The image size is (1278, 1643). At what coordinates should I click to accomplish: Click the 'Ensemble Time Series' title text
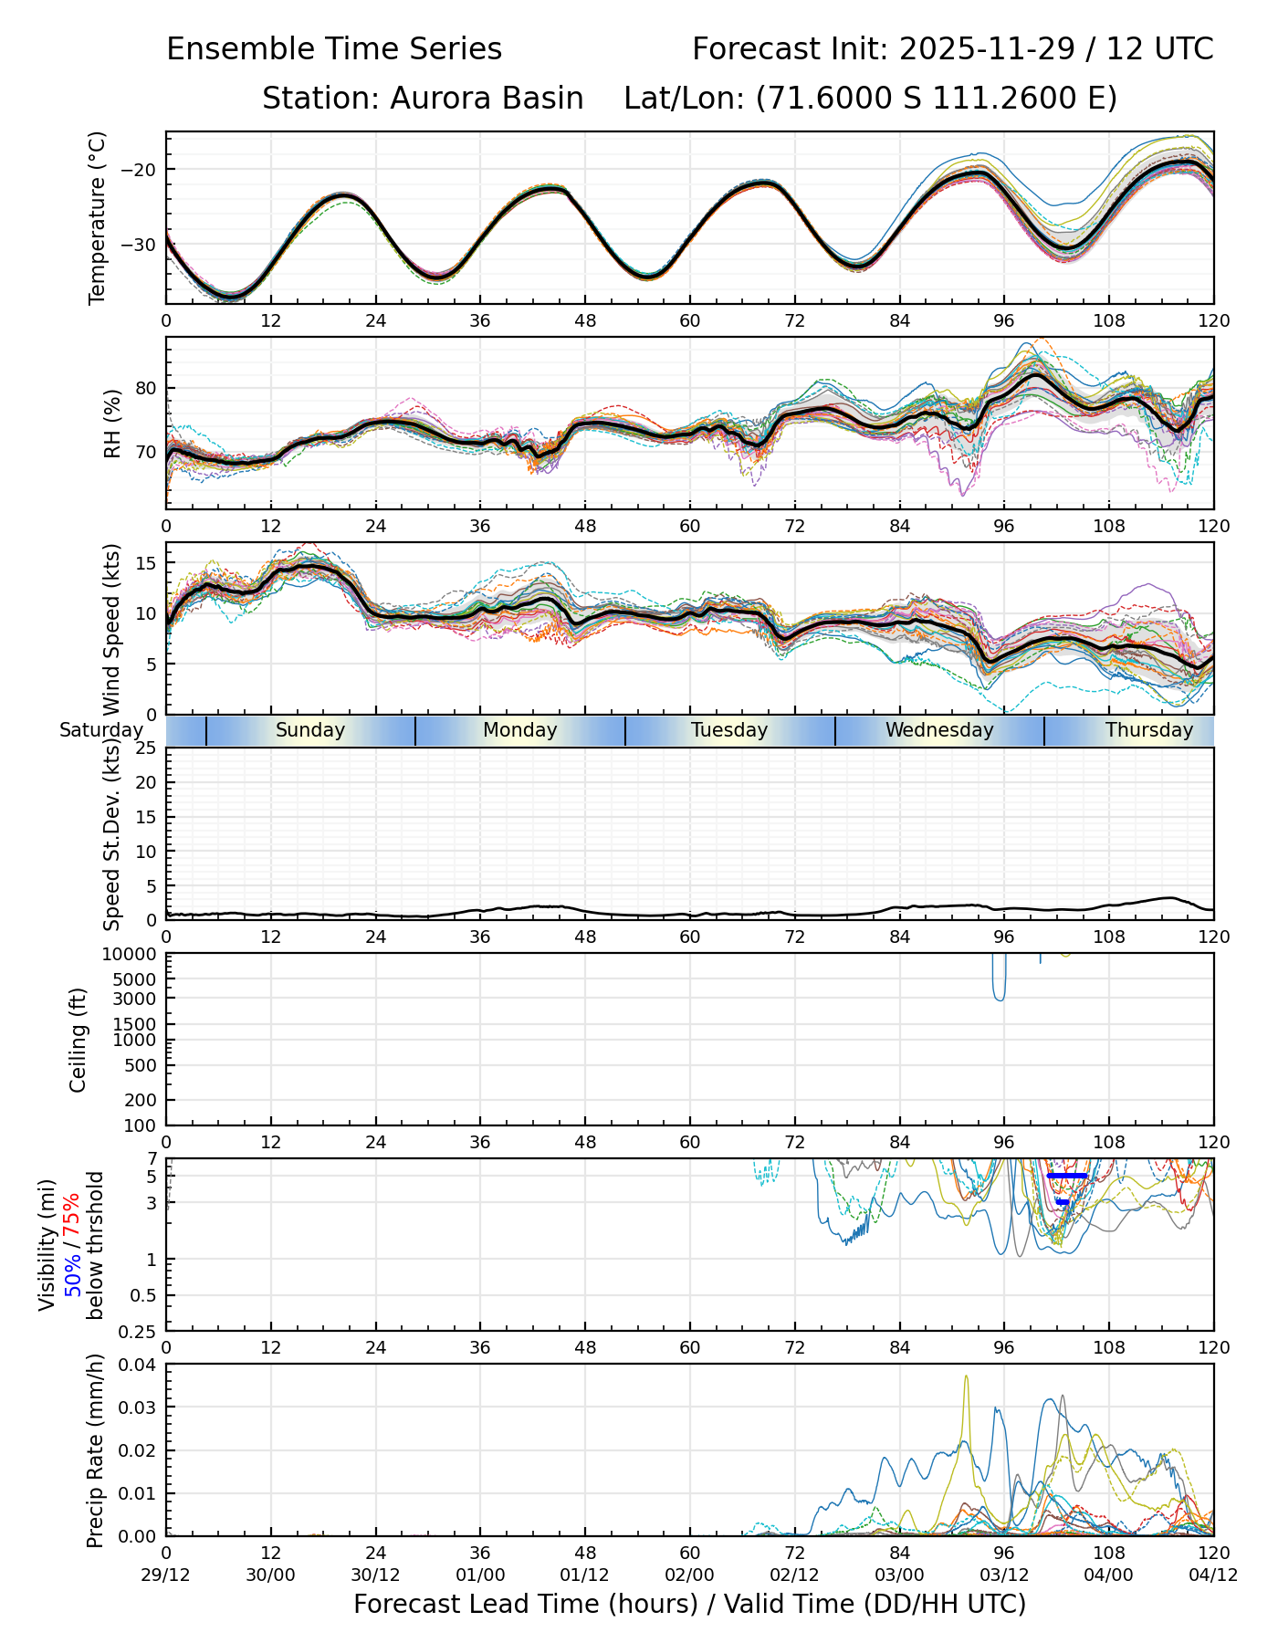334,49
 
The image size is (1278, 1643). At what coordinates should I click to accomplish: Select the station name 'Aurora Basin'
487,99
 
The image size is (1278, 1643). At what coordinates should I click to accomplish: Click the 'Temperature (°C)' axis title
98,217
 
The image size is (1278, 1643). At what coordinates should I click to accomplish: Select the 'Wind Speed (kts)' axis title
111,629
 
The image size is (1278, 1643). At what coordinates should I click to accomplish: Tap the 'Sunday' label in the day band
310,730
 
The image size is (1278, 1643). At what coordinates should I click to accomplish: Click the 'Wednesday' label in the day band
939,730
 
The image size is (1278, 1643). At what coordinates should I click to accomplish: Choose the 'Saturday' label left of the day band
101,730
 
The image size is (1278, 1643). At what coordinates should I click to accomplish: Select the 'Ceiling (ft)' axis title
79,1040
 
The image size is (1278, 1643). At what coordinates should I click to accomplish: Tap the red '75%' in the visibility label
72,1213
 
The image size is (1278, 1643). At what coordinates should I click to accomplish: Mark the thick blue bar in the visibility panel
1067,1176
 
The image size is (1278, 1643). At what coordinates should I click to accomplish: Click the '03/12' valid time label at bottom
1004,1575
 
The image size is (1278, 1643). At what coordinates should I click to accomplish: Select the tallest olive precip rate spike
966,1377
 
